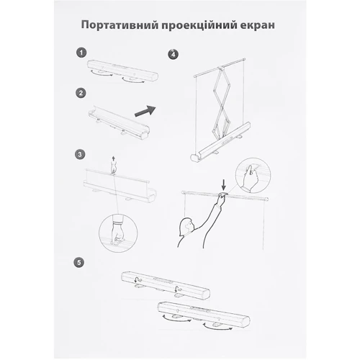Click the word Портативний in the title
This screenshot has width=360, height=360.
pyautogui.click(x=120, y=25)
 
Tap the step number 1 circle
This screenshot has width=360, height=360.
pyautogui.click(x=81, y=53)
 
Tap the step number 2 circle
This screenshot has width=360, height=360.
pyautogui.click(x=81, y=93)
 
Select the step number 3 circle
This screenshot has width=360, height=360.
pyautogui.click(x=80, y=154)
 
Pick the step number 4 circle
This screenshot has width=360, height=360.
pyautogui.click(x=174, y=54)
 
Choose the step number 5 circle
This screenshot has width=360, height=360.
pyautogui.click(x=79, y=262)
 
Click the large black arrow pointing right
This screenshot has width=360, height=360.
pyautogui.click(x=145, y=111)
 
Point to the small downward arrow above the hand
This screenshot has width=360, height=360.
pyautogui.click(x=224, y=186)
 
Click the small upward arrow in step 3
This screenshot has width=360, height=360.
pyautogui.click(x=113, y=159)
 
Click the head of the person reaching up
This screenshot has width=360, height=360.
pyautogui.click(x=186, y=226)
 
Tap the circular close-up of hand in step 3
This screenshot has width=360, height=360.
pyautogui.click(x=118, y=233)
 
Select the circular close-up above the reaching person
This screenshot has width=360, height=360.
pyautogui.click(x=253, y=176)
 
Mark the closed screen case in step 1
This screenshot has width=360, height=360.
pyautogui.click(x=122, y=71)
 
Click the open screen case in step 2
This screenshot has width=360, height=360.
pyautogui.click(x=120, y=122)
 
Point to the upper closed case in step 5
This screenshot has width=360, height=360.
pyautogui.click(x=166, y=286)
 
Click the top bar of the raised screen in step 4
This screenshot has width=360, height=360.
pyautogui.click(x=220, y=68)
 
